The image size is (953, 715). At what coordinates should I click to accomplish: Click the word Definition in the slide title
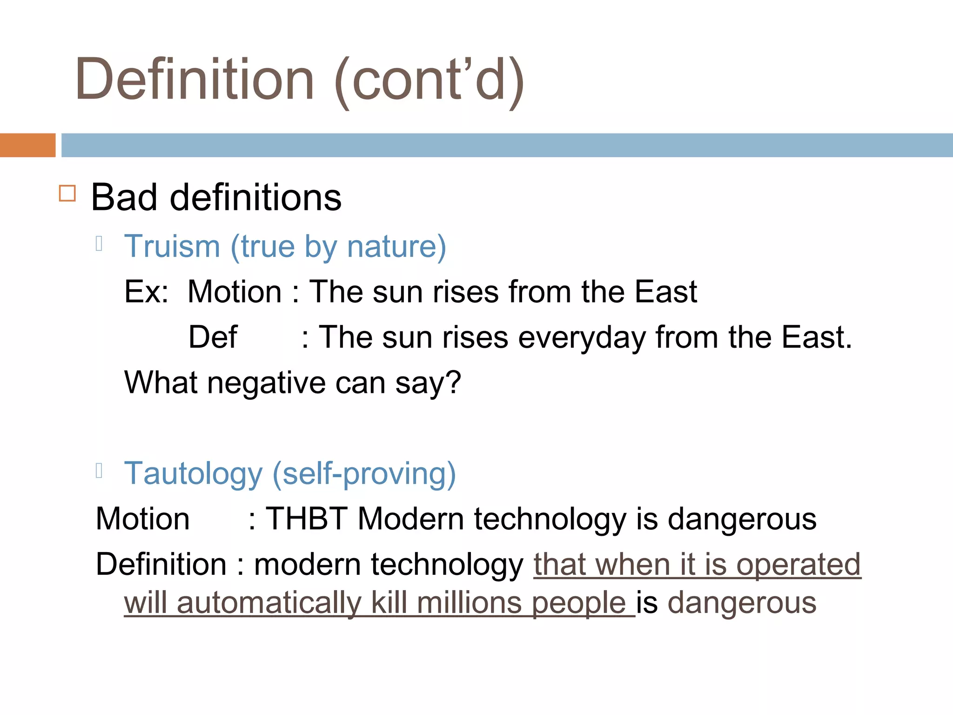click(x=195, y=79)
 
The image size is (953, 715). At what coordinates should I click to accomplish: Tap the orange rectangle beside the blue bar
click(x=27, y=145)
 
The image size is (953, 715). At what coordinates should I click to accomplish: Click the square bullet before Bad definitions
click(x=67, y=193)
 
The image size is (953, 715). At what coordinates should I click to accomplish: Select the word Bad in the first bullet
click(x=124, y=197)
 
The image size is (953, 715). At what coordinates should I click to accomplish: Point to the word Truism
click(x=172, y=246)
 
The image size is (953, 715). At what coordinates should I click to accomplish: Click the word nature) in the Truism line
click(x=396, y=246)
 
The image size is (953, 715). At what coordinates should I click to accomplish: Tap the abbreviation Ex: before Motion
click(x=146, y=292)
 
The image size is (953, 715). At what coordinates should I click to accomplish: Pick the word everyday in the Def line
click(x=582, y=337)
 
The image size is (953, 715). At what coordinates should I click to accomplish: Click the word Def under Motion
click(x=213, y=337)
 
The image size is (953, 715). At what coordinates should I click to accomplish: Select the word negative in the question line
click(x=266, y=383)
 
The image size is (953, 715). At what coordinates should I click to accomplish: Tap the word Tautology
click(x=193, y=474)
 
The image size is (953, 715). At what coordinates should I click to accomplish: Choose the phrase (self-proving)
click(x=364, y=474)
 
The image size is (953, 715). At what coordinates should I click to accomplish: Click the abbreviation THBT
click(x=306, y=519)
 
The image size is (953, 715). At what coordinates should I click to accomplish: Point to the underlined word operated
click(x=799, y=564)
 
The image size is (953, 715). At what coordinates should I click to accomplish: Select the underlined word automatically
click(x=269, y=603)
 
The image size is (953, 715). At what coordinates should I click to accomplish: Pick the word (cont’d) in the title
click(x=429, y=80)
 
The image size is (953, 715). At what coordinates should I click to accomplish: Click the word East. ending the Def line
click(x=817, y=337)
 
